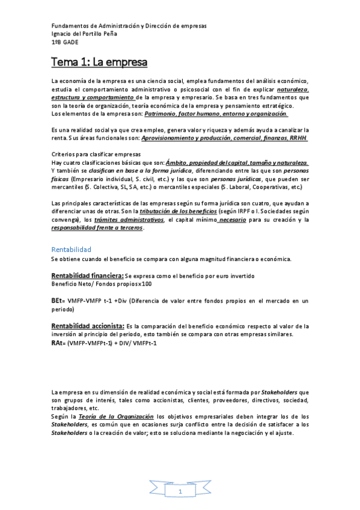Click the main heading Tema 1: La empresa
pyautogui.click(x=99, y=62)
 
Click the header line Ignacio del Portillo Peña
pyautogui.click(x=93, y=34)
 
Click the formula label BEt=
pyautogui.click(x=58, y=300)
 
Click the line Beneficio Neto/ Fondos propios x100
pyautogui.click(x=101, y=283)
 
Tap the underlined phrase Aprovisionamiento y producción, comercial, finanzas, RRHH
pyautogui.click(x=224, y=138)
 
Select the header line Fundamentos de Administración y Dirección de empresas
pyautogui.click(x=129, y=26)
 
